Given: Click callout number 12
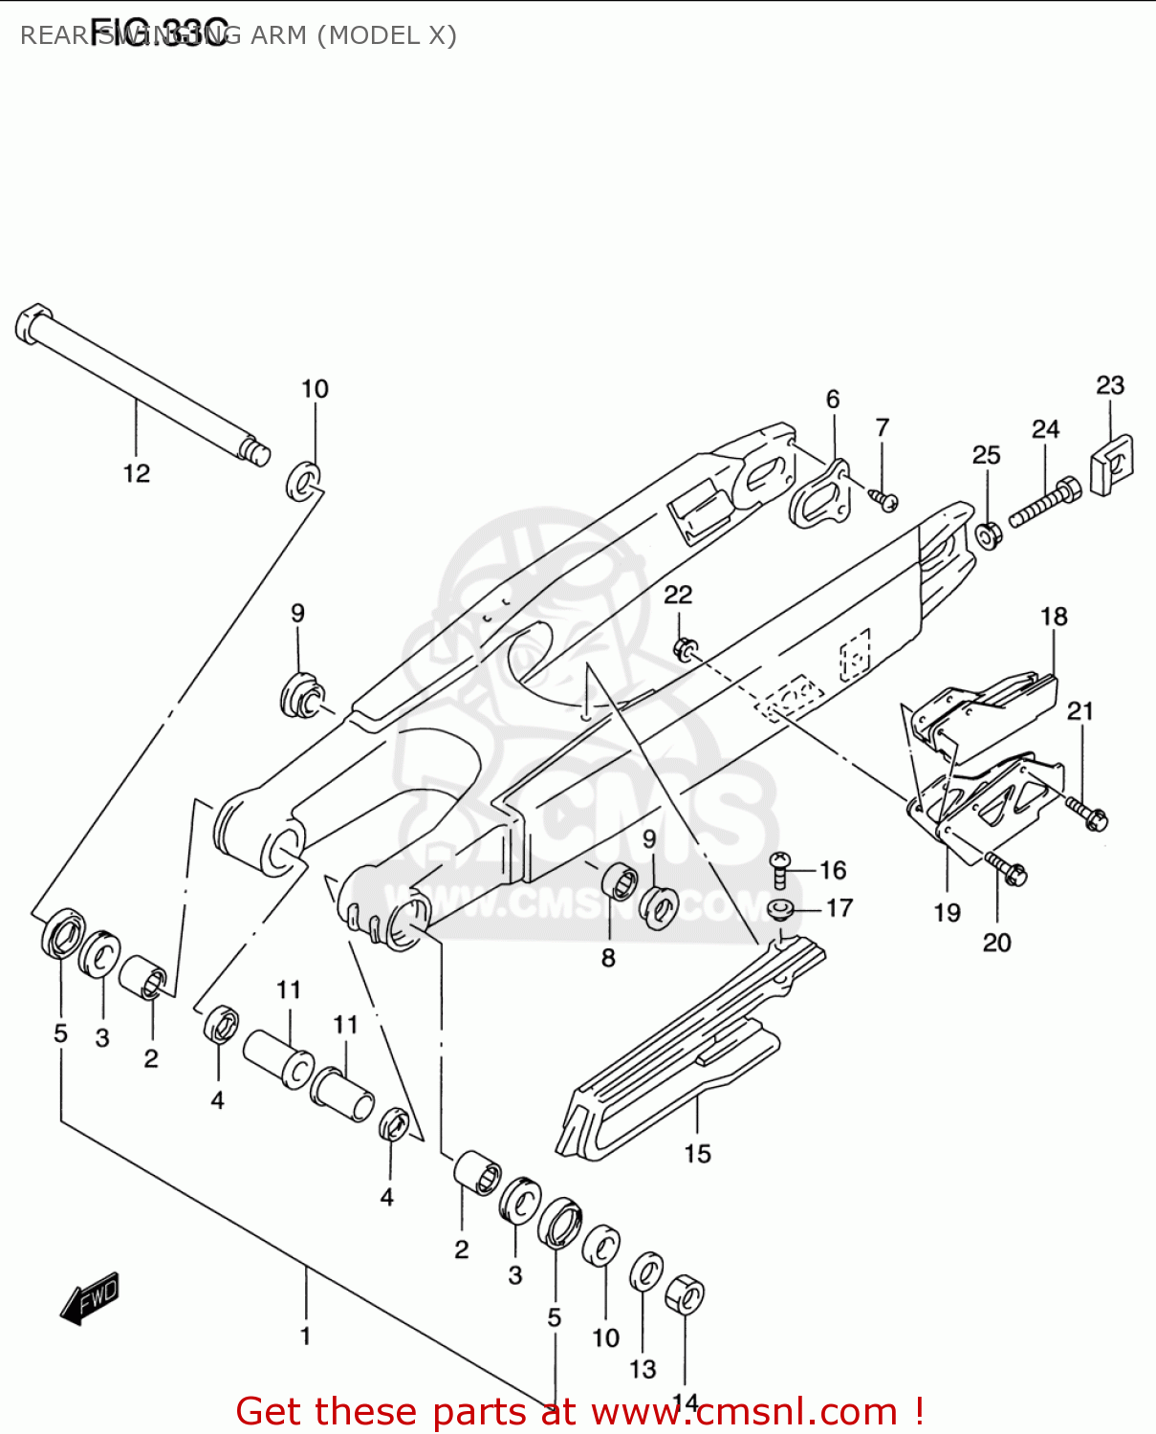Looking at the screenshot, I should pyautogui.click(x=137, y=473).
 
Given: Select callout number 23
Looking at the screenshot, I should pyautogui.click(x=1110, y=385).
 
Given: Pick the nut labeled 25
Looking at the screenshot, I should pyautogui.click(x=987, y=534).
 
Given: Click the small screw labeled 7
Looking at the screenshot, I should pyautogui.click(x=885, y=499).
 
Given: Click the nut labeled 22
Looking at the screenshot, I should pyautogui.click(x=684, y=648).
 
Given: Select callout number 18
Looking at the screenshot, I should pyautogui.click(x=1054, y=617).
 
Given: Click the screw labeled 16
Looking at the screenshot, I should pyautogui.click(x=780, y=869).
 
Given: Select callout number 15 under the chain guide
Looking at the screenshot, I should pyautogui.click(x=697, y=1154).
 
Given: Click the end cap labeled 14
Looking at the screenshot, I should pyautogui.click(x=685, y=1295).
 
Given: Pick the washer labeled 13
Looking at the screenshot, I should pyautogui.click(x=646, y=1272).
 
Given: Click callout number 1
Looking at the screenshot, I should pyautogui.click(x=305, y=1336).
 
